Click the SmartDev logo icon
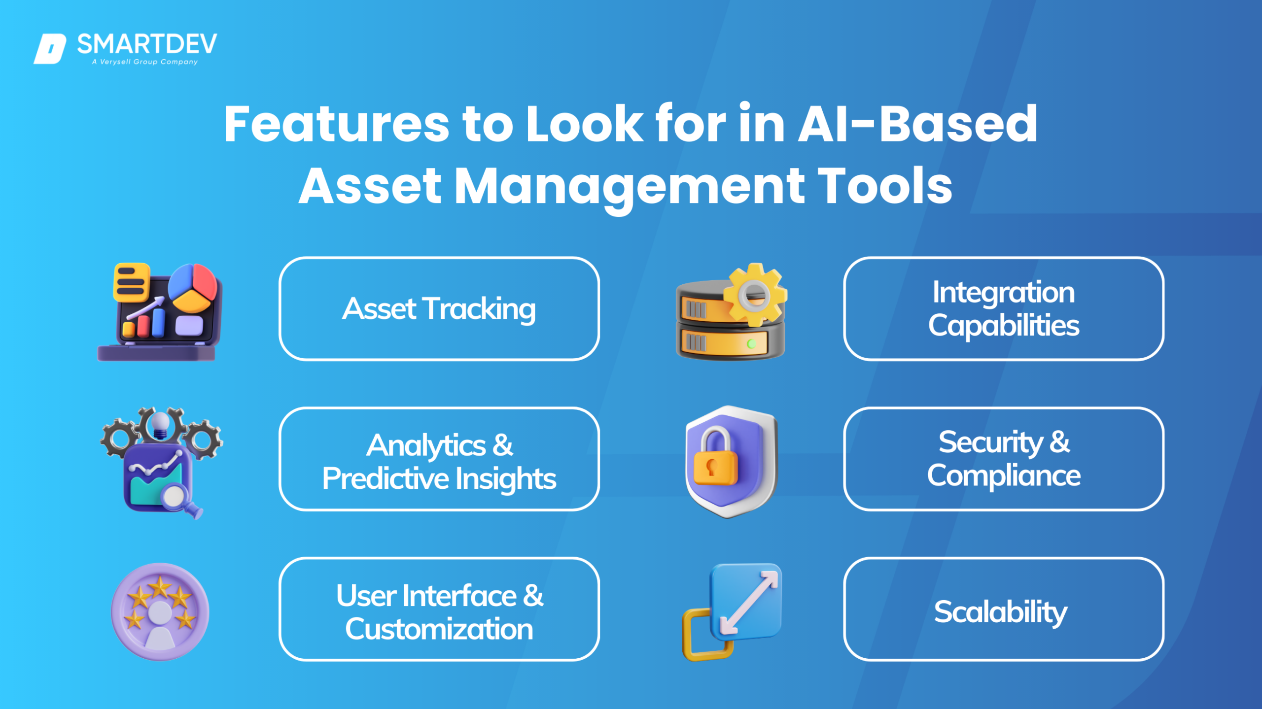click(50, 48)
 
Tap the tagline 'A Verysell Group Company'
click(145, 62)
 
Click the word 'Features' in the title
click(336, 124)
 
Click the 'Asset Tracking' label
click(439, 309)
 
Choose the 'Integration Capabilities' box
click(1004, 309)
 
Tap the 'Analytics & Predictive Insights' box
click(439, 460)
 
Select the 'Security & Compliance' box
click(1004, 459)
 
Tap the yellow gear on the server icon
click(755, 295)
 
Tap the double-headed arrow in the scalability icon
click(748, 603)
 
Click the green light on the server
click(751, 343)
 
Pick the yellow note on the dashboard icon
click(131, 281)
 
